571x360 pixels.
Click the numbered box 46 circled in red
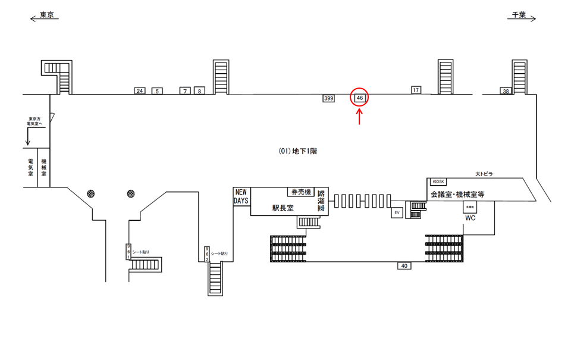click(x=360, y=98)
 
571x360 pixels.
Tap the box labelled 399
click(x=328, y=98)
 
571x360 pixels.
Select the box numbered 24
click(x=140, y=91)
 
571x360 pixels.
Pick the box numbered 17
click(x=416, y=90)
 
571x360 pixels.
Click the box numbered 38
click(x=506, y=91)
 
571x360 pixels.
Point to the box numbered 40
click(x=404, y=266)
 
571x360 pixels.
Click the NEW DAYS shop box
click(x=241, y=196)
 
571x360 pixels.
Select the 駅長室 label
click(x=283, y=208)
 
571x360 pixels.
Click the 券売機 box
click(x=300, y=192)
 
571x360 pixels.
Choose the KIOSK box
click(x=438, y=181)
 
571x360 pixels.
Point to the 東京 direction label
click(x=46, y=15)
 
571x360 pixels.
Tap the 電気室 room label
click(x=30, y=171)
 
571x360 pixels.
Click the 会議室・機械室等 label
click(x=457, y=195)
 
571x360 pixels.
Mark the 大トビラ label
click(x=484, y=174)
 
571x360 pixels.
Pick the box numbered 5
click(x=157, y=91)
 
